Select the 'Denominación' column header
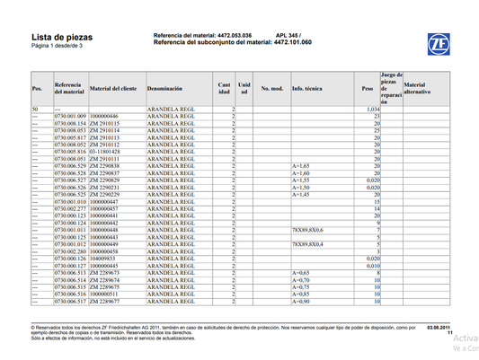[x=170, y=90]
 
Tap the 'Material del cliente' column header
[x=113, y=90]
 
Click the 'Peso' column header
[x=367, y=90]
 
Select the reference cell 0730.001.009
[x=70, y=117]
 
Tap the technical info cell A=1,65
[x=301, y=167]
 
